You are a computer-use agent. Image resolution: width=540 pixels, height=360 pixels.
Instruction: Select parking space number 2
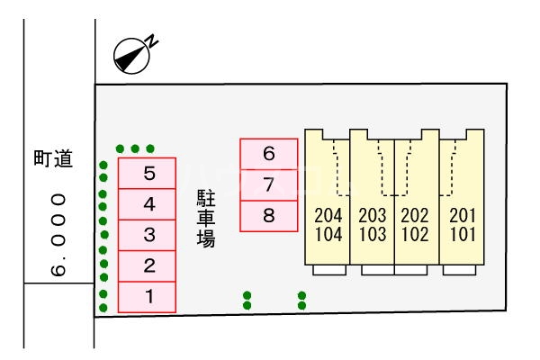click(x=147, y=265)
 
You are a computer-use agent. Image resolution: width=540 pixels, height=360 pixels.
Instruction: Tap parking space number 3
click(x=147, y=235)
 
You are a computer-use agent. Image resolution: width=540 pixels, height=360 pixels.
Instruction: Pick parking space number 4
click(x=147, y=204)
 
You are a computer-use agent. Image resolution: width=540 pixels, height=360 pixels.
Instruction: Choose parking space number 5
click(x=147, y=173)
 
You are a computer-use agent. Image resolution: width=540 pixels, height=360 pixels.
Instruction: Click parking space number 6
click(x=268, y=154)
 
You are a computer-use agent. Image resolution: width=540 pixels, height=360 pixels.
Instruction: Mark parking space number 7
click(x=268, y=184)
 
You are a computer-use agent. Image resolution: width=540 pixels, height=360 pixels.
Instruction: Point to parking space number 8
click(x=268, y=215)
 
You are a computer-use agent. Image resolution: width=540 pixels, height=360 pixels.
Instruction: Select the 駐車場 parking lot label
click(x=206, y=219)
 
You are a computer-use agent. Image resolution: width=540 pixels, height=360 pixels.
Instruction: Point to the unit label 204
click(x=328, y=217)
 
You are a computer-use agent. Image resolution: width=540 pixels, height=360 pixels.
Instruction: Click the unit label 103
click(x=372, y=236)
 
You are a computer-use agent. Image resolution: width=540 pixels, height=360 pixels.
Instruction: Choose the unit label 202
click(x=415, y=217)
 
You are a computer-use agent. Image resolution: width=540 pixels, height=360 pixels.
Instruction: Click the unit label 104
click(x=328, y=236)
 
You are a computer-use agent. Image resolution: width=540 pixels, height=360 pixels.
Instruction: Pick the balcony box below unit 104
click(x=328, y=270)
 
